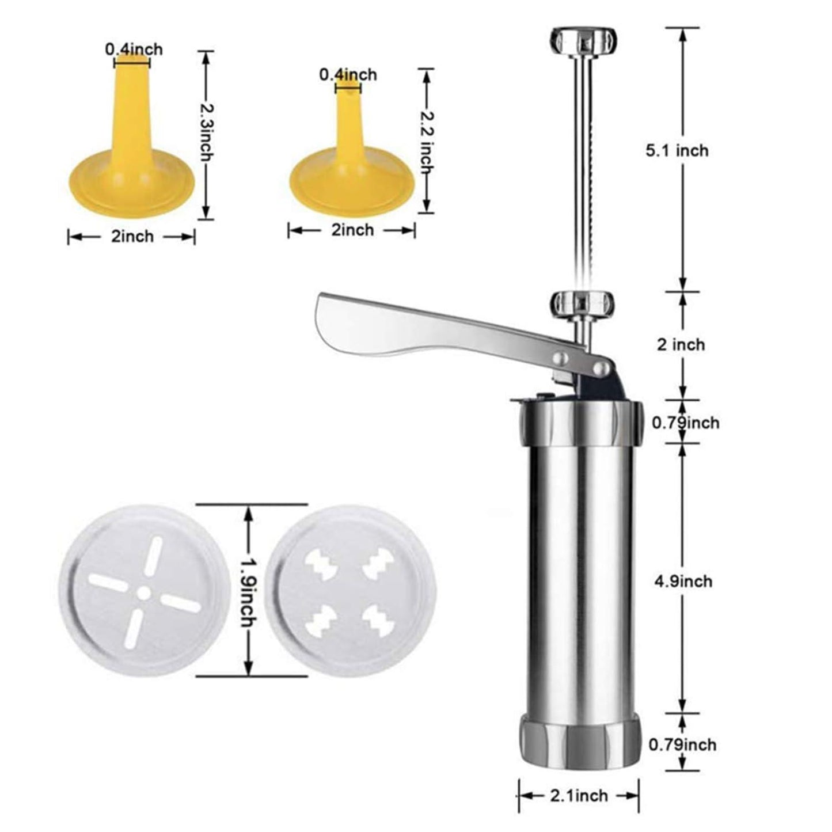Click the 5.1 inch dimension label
(677, 151)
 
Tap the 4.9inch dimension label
(683, 581)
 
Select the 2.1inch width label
(579, 796)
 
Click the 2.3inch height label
(206, 133)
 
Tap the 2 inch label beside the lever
(681, 344)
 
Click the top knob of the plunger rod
(584, 41)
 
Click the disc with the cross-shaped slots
(139, 591)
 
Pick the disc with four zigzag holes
(354, 591)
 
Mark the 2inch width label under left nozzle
(132, 237)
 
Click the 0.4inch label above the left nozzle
(134, 50)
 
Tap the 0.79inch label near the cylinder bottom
(683, 744)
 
